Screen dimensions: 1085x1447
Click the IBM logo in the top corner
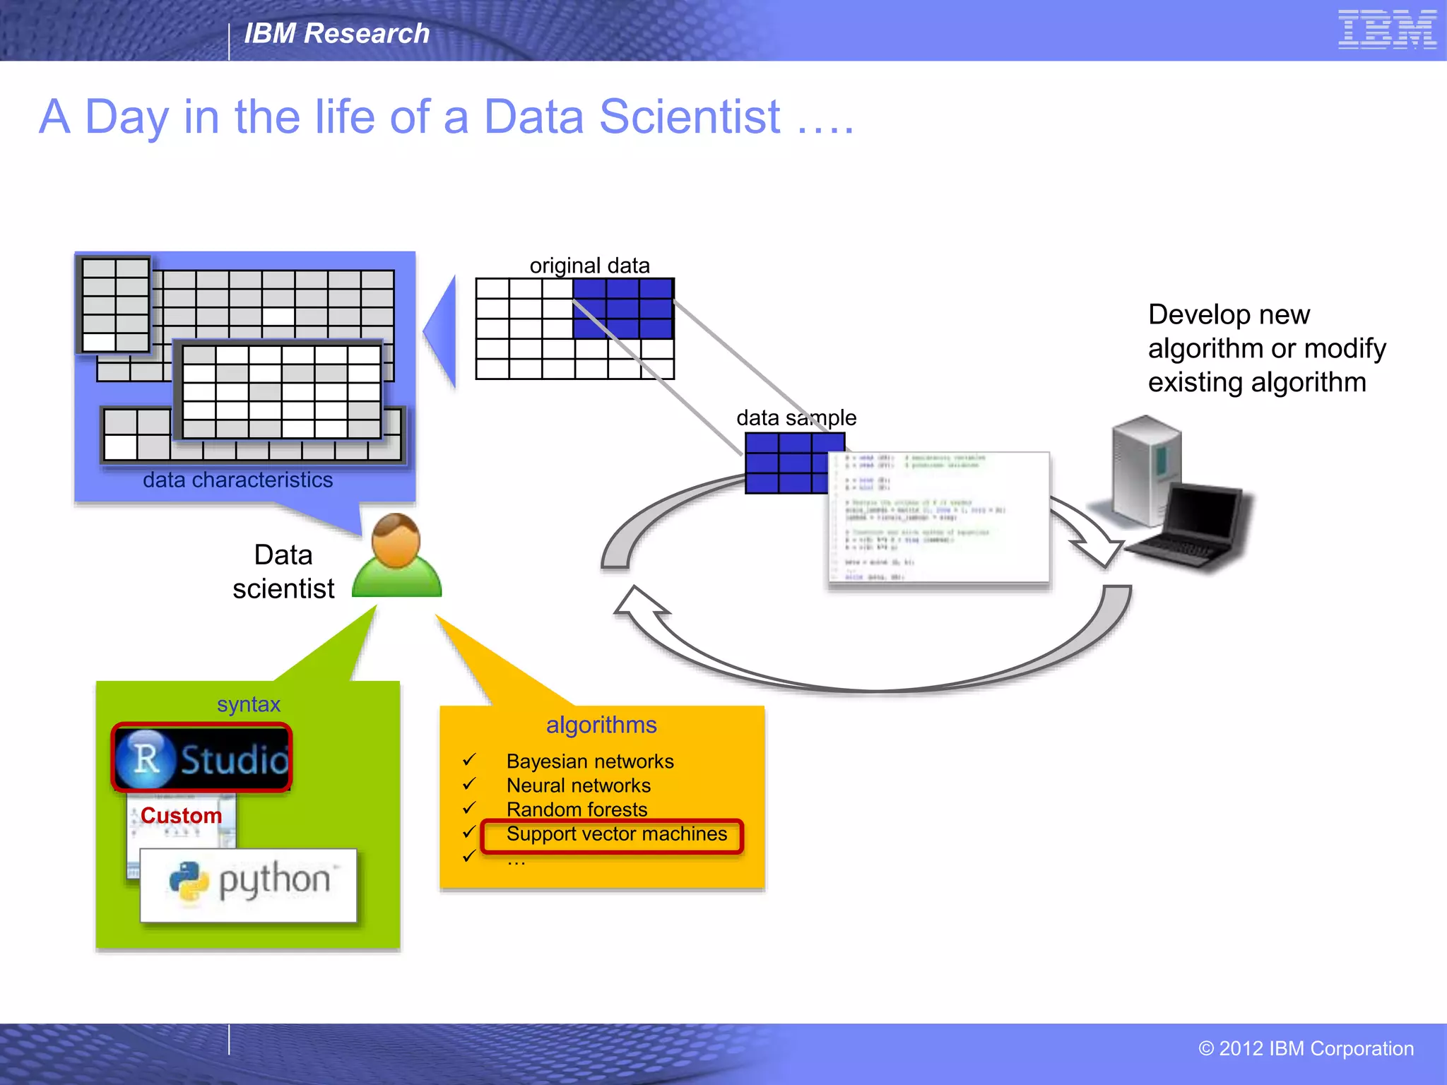[x=1386, y=30]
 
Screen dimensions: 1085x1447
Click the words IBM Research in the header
[x=336, y=33]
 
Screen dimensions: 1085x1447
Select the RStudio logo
[x=202, y=758]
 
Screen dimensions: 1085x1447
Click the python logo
[x=249, y=883]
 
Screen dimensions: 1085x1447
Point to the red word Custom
[x=181, y=815]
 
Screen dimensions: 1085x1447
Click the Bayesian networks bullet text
[x=590, y=761]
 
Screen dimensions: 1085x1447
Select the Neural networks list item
[x=579, y=785]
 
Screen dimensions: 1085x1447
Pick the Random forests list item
[x=577, y=810]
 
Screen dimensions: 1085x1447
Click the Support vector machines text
[x=616, y=834]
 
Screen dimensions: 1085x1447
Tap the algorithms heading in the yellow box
[x=601, y=725]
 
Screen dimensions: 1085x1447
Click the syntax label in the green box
[x=249, y=704]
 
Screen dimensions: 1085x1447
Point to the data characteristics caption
[x=237, y=480]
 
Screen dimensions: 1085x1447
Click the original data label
[x=589, y=266]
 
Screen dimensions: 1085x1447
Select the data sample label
[x=796, y=418]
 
